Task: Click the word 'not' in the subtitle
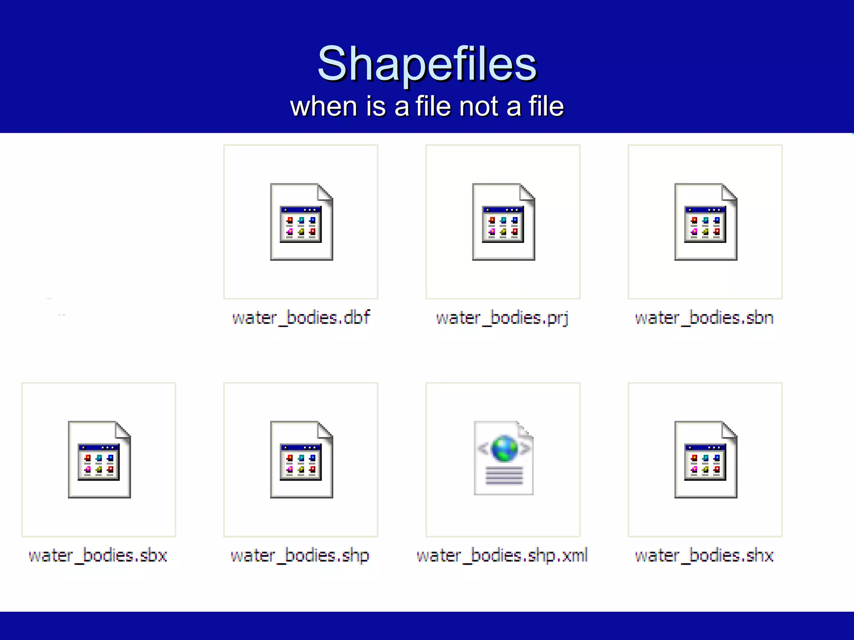(480, 106)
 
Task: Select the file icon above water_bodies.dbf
(301, 222)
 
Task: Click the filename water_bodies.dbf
(301, 318)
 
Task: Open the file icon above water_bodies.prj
(503, 222)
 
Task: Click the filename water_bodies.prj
(502, 318)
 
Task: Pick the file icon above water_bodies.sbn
(706, 222)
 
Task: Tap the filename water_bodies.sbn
(704, 318)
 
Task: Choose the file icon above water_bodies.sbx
(99, 460)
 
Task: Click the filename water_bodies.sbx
(98, 555)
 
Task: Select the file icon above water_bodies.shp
(301, 460)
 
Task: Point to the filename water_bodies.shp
(300, 555)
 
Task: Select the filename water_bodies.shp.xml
(502, 555)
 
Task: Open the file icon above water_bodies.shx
(706, 460)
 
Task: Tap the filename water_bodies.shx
(704, 555)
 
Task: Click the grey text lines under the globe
(504, 476)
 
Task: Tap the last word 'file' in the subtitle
(546, 106)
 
